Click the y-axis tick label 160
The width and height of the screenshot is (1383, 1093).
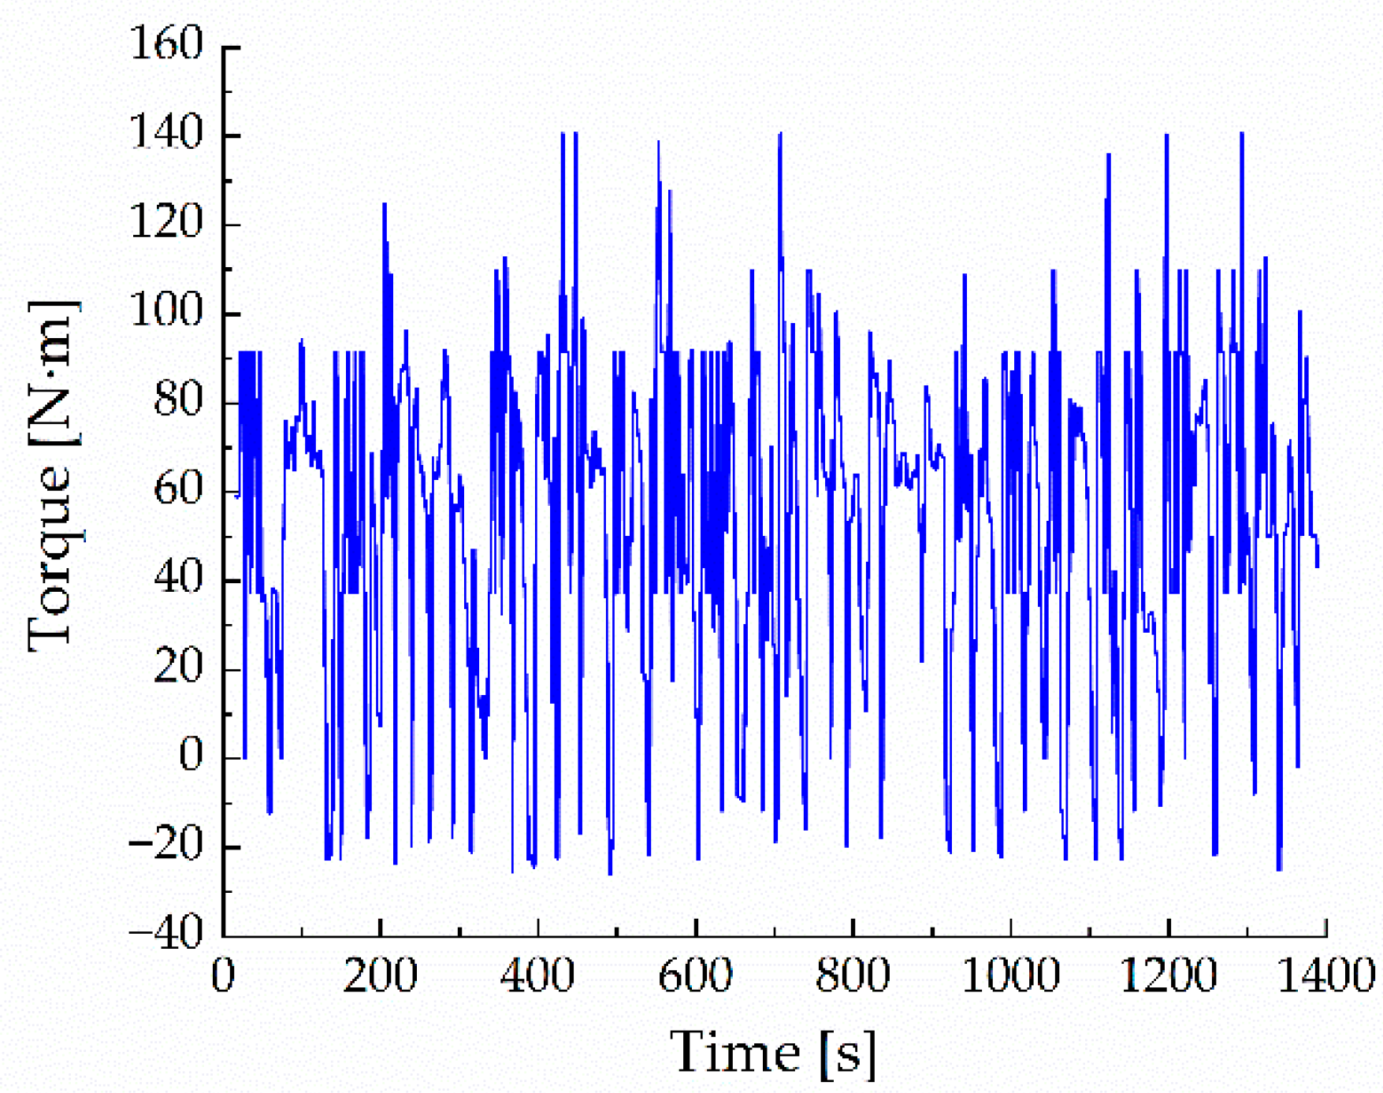pyautogui.click(x=166, y=44)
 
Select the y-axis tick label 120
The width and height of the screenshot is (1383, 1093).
pyautogui.click(x=166, y=223)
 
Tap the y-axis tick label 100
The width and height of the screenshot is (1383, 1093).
pyautogui.click(x=166, y=312)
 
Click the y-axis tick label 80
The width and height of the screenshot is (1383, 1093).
pyautogui.click(x=178, y=401)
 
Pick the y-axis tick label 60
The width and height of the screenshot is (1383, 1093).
pyautogui.click(x=178, y=490)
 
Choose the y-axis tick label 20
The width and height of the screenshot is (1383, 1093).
pyautogui.click(x=178, y=668)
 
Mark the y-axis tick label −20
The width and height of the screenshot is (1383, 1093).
pyautogui.click(x=166, y=846)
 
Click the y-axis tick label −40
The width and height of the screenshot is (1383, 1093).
pyautogui.click(x=166, y=935)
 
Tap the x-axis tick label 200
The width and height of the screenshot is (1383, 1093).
pyautogui.click(x=380, y=976)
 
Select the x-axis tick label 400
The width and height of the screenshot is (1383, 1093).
pyautogui.click(x=537, y=976)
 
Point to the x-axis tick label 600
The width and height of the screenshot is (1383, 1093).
pyautogui.click(x=695, y=976)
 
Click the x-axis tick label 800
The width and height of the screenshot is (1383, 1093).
pyautogui.click(x=853, y=976)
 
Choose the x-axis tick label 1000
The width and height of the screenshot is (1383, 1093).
pyautogui.click(x=1010, y=976)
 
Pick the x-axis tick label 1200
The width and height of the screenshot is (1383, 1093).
pyautogui.click(x=1168, y=976)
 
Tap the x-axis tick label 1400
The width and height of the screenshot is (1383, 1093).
pyautogui.click(x=1325, y=976)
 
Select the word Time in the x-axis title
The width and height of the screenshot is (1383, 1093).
pyautogui.click(x=734, y=1053)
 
